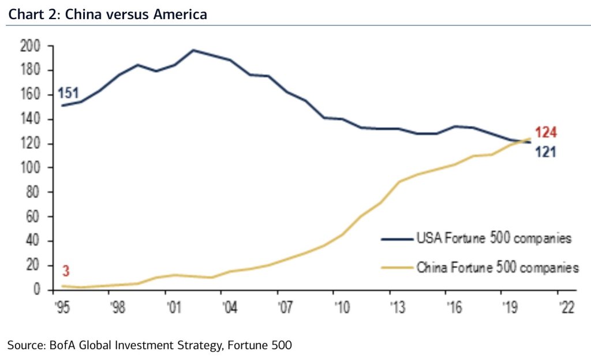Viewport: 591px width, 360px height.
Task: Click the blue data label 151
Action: click(x=68, y=93)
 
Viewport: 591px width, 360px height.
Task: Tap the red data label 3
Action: click(x=65, y=271)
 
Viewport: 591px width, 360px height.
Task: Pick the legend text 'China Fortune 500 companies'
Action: click(x=497, y=268)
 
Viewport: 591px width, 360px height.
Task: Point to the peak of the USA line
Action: click(x=193, y=50)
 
